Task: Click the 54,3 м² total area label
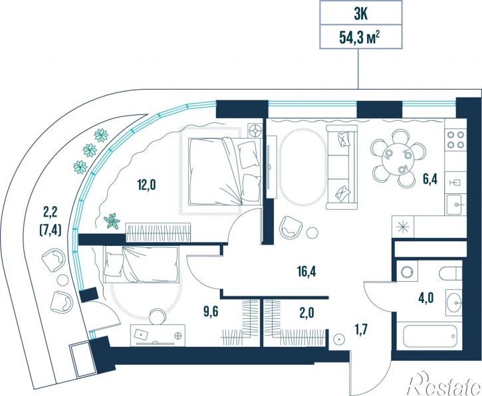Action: (359, 37)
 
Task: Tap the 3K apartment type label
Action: (360, 14)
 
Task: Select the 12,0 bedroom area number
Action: (146, 185)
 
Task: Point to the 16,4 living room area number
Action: (306, 272)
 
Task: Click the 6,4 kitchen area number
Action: (429, 179)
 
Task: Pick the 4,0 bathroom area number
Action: (425, 298)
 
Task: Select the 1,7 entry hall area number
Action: (360, 330)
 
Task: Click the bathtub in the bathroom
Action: (429, 336)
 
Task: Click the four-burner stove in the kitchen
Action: (455, 140)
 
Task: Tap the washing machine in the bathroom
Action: (408, 271)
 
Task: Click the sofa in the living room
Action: (342, 167)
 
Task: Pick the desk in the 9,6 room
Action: (158, 335)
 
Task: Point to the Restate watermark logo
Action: (444, 383)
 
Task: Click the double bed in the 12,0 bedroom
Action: (225, 171)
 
